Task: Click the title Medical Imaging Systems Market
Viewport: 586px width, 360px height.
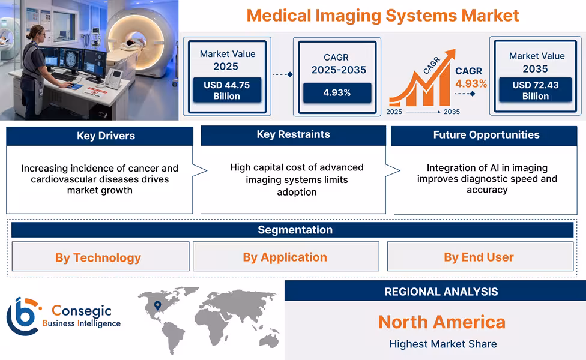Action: [x=382, y=15]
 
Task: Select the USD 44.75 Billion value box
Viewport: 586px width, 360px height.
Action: [x=226, y=91]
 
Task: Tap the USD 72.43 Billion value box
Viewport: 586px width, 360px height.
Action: [x=535, y=91]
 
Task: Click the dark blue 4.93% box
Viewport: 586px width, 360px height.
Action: [x=337, y=92]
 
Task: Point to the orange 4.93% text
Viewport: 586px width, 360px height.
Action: [x=471, y=83]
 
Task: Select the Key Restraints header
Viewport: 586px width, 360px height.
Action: [x=293, y=134]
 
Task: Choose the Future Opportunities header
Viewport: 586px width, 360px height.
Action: [x=486, y=135]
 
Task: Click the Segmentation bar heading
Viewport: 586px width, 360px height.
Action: [x=295, y=230]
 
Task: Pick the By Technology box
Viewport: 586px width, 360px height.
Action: [x=98, y=257]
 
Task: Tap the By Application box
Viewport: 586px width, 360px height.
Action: [x=285, y=257]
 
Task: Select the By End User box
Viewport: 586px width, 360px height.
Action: [x=479, y=257]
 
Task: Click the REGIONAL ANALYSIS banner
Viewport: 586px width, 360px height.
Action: [x=441, y=292]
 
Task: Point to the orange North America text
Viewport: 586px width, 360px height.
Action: [x=441, y=322]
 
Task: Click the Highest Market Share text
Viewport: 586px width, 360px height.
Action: [x=443, y=344]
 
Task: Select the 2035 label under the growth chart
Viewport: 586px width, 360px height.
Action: [x=452, y=112]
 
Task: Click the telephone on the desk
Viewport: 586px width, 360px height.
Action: [x=115, y=78]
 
